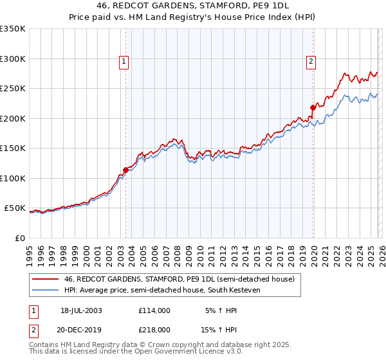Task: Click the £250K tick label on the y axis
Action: point(13,89)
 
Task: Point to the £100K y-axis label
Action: point(13,178)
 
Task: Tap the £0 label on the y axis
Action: point(20,238)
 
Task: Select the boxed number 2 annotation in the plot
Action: point(311,62)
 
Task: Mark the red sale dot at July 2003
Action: point(126,170)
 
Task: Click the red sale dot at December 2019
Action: point(313,108)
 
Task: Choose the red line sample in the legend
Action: point(45,279)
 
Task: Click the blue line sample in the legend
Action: point(45,289)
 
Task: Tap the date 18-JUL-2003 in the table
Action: point(81,310)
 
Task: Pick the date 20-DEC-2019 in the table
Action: point(81,329)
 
